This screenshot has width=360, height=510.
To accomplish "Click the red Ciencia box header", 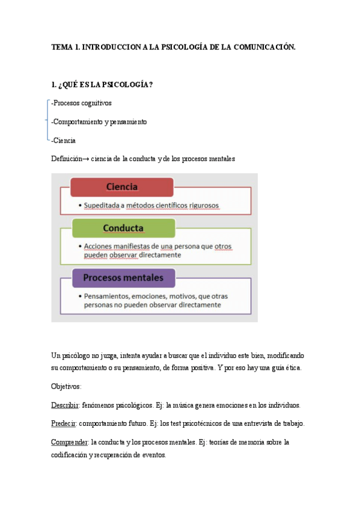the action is [122, 187].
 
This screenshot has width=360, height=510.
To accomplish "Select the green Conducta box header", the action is [123, 229].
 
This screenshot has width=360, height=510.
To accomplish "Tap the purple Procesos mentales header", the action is [123, 278].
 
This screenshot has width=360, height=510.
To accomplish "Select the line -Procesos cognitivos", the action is [81, 103].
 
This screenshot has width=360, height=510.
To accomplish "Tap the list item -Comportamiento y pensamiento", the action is [99, 121].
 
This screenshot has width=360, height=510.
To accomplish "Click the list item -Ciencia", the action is [64, 140].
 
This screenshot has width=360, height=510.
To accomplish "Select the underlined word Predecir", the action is [64, 423].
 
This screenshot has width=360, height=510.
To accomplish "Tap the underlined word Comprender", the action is [70, 442].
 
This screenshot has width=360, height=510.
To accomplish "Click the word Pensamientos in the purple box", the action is [108, 296].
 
